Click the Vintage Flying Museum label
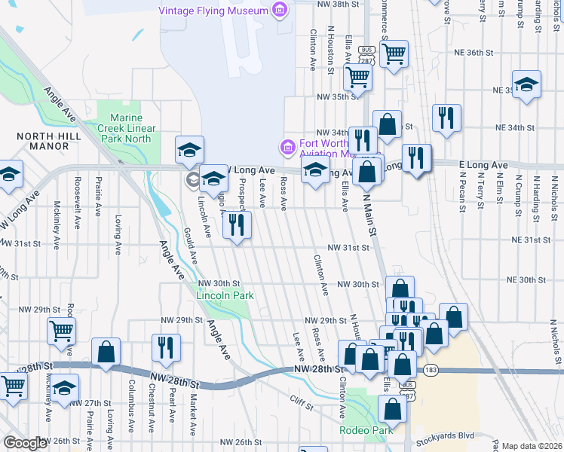[x=213, y=11]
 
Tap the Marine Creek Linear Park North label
[x=132, y=128]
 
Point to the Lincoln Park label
[x=225, y=295]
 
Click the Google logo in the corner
[x=25, y=442]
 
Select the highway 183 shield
[x=431, y=371]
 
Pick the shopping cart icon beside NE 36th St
[x=394, y=53]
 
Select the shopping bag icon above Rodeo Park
[x=392, y=409]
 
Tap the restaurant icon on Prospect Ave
[x=238, y=224]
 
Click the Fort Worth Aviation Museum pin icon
[x=287, y=145]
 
